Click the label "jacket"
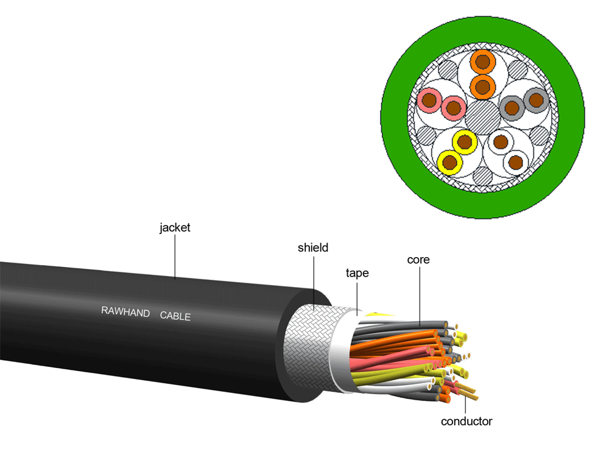(x=175, y=228)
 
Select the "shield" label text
(x=313, y=247)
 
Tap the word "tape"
(x=357, y=273)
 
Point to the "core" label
(x=418, y=260)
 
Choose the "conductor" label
(x=466, y=421)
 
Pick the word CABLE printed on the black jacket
(x=175, y=316)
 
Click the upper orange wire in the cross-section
(x=484, y=62)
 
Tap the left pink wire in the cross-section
(x=429, y=101)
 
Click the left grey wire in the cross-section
(x=512, y=108)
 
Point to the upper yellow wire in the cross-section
(x=465, y=142)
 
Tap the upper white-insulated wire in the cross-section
(x=501, y=142)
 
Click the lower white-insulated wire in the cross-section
(x=515, y=163)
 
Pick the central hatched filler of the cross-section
(x=482, y=114)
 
